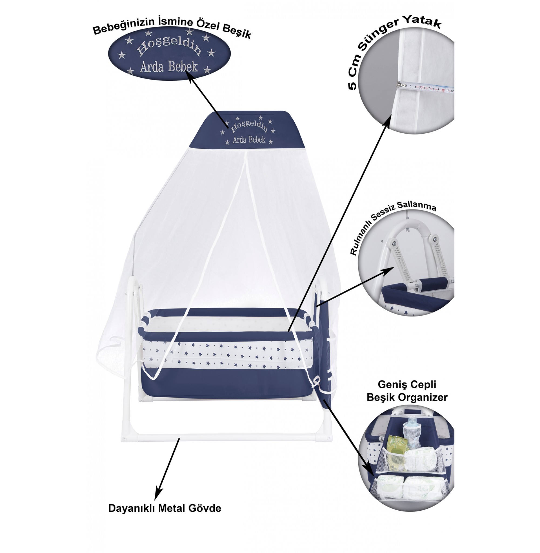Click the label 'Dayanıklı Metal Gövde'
164,508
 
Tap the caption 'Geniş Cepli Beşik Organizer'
407,391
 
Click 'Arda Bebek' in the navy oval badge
169,67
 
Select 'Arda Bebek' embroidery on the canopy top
249,140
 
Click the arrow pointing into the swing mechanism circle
355,286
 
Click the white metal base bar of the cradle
227,437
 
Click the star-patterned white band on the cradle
227,356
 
